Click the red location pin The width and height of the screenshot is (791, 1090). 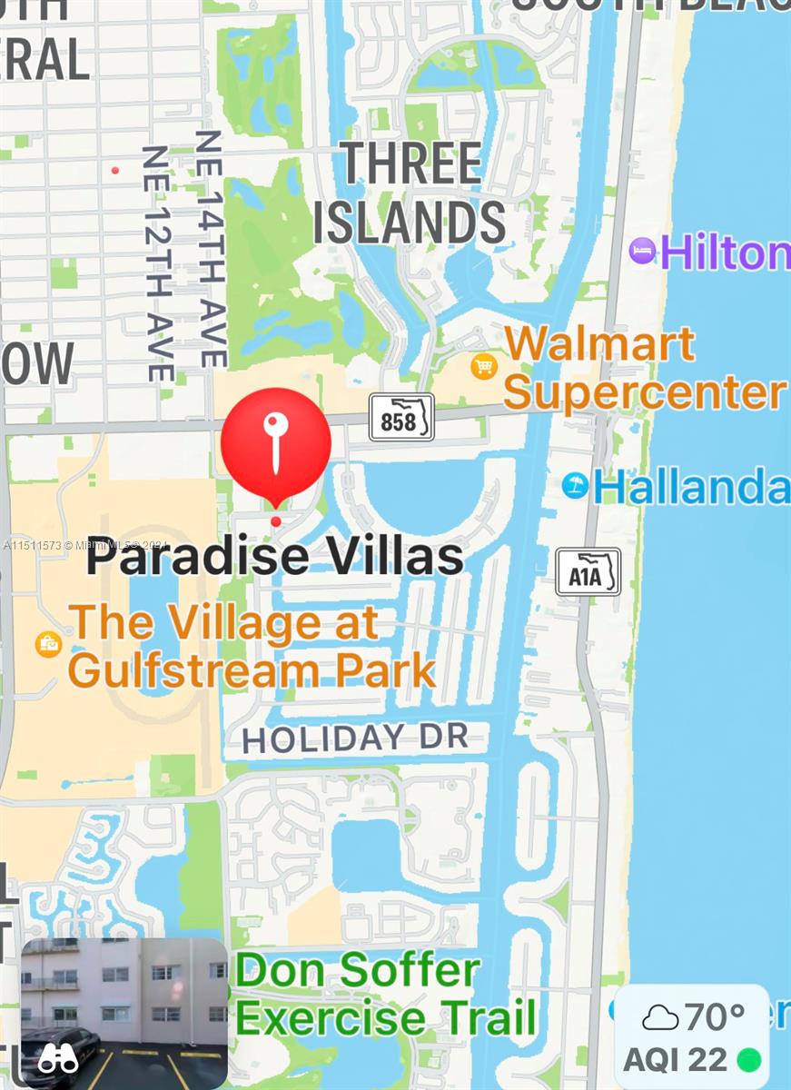(x=276, y=442)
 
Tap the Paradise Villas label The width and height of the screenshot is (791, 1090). (x=275, y=557)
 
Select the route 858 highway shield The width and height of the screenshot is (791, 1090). (x=400, y=418)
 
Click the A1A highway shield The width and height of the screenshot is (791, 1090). (x=588, y=572)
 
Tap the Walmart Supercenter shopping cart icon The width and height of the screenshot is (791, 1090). (x=484, y=366)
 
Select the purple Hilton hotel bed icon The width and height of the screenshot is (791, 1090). (x=642, y=252)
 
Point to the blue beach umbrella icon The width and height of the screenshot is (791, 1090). (x=574, y=485)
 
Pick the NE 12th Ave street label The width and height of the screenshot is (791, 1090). (x=158, y=263)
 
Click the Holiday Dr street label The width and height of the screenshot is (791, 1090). (x=355, y=738)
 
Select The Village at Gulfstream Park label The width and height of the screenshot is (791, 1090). (x=252, y=647)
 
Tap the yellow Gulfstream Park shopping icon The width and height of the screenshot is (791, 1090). (x=47, y=644)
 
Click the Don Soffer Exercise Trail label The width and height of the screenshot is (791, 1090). (x=384, y=995)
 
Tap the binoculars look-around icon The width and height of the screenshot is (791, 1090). (x=58, y=1057)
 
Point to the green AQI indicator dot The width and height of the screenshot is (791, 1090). (x=748, y=1059)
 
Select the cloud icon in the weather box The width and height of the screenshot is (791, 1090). (x=660, y=1017)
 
